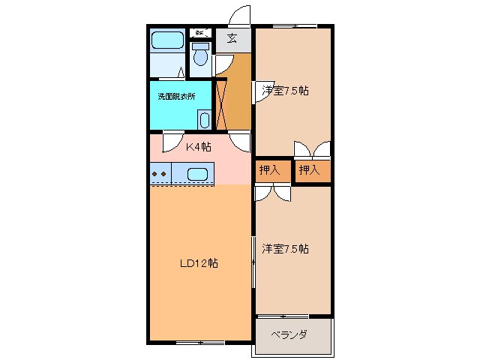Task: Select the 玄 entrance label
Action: coord(232,39)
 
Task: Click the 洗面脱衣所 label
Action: coord(176,97)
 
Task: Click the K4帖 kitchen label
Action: coord(198,146)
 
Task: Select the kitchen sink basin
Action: coord(196,174)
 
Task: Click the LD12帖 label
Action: coord(199,263)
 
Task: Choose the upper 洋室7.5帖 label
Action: coord(286,91)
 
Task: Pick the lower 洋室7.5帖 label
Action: coord(286,249)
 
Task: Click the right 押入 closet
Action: coord(310,171)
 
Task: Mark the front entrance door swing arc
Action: coord(239,15)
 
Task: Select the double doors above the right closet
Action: coord(310,149)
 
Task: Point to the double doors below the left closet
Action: coord(271,192)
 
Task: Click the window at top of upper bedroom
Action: coord(293,27)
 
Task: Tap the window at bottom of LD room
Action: coord(199,342)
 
